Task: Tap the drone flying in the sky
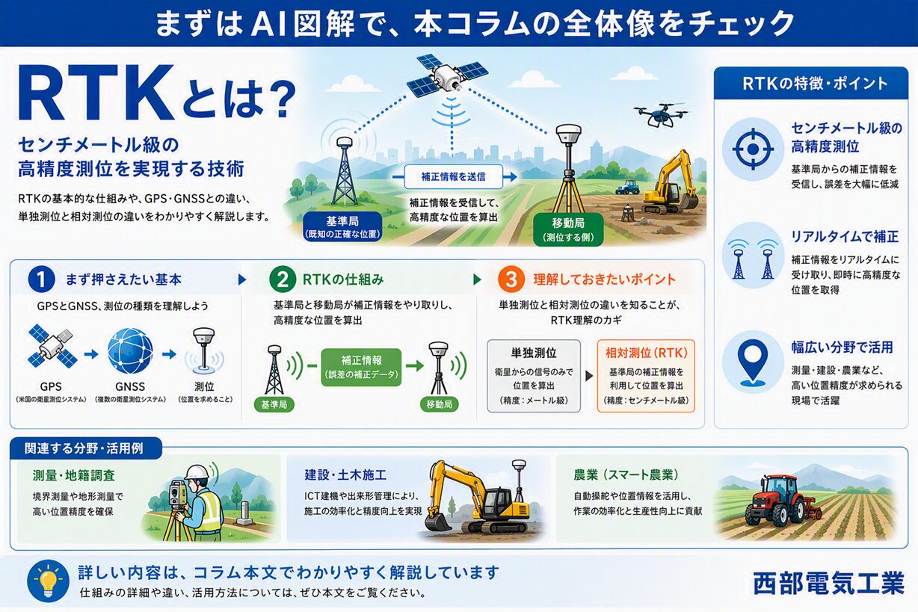[660, 114]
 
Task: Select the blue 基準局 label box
[342, 227]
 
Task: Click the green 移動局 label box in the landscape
[568, 229]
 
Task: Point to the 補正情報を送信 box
[453, 176]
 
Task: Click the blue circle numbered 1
[41, 279]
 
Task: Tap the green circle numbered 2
[283, 279]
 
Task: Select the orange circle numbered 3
[511, 279]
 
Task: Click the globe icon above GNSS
[130, 351]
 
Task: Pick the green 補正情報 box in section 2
[361, 367]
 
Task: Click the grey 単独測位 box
[534, 376]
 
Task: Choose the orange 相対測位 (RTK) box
[646, 376]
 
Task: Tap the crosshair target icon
[753, 149]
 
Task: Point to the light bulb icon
[49, 581]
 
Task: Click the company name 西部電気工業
[828, 583]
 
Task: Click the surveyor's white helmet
[198, 472]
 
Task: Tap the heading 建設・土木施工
[345, 475]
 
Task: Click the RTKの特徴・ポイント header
[811, 84]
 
